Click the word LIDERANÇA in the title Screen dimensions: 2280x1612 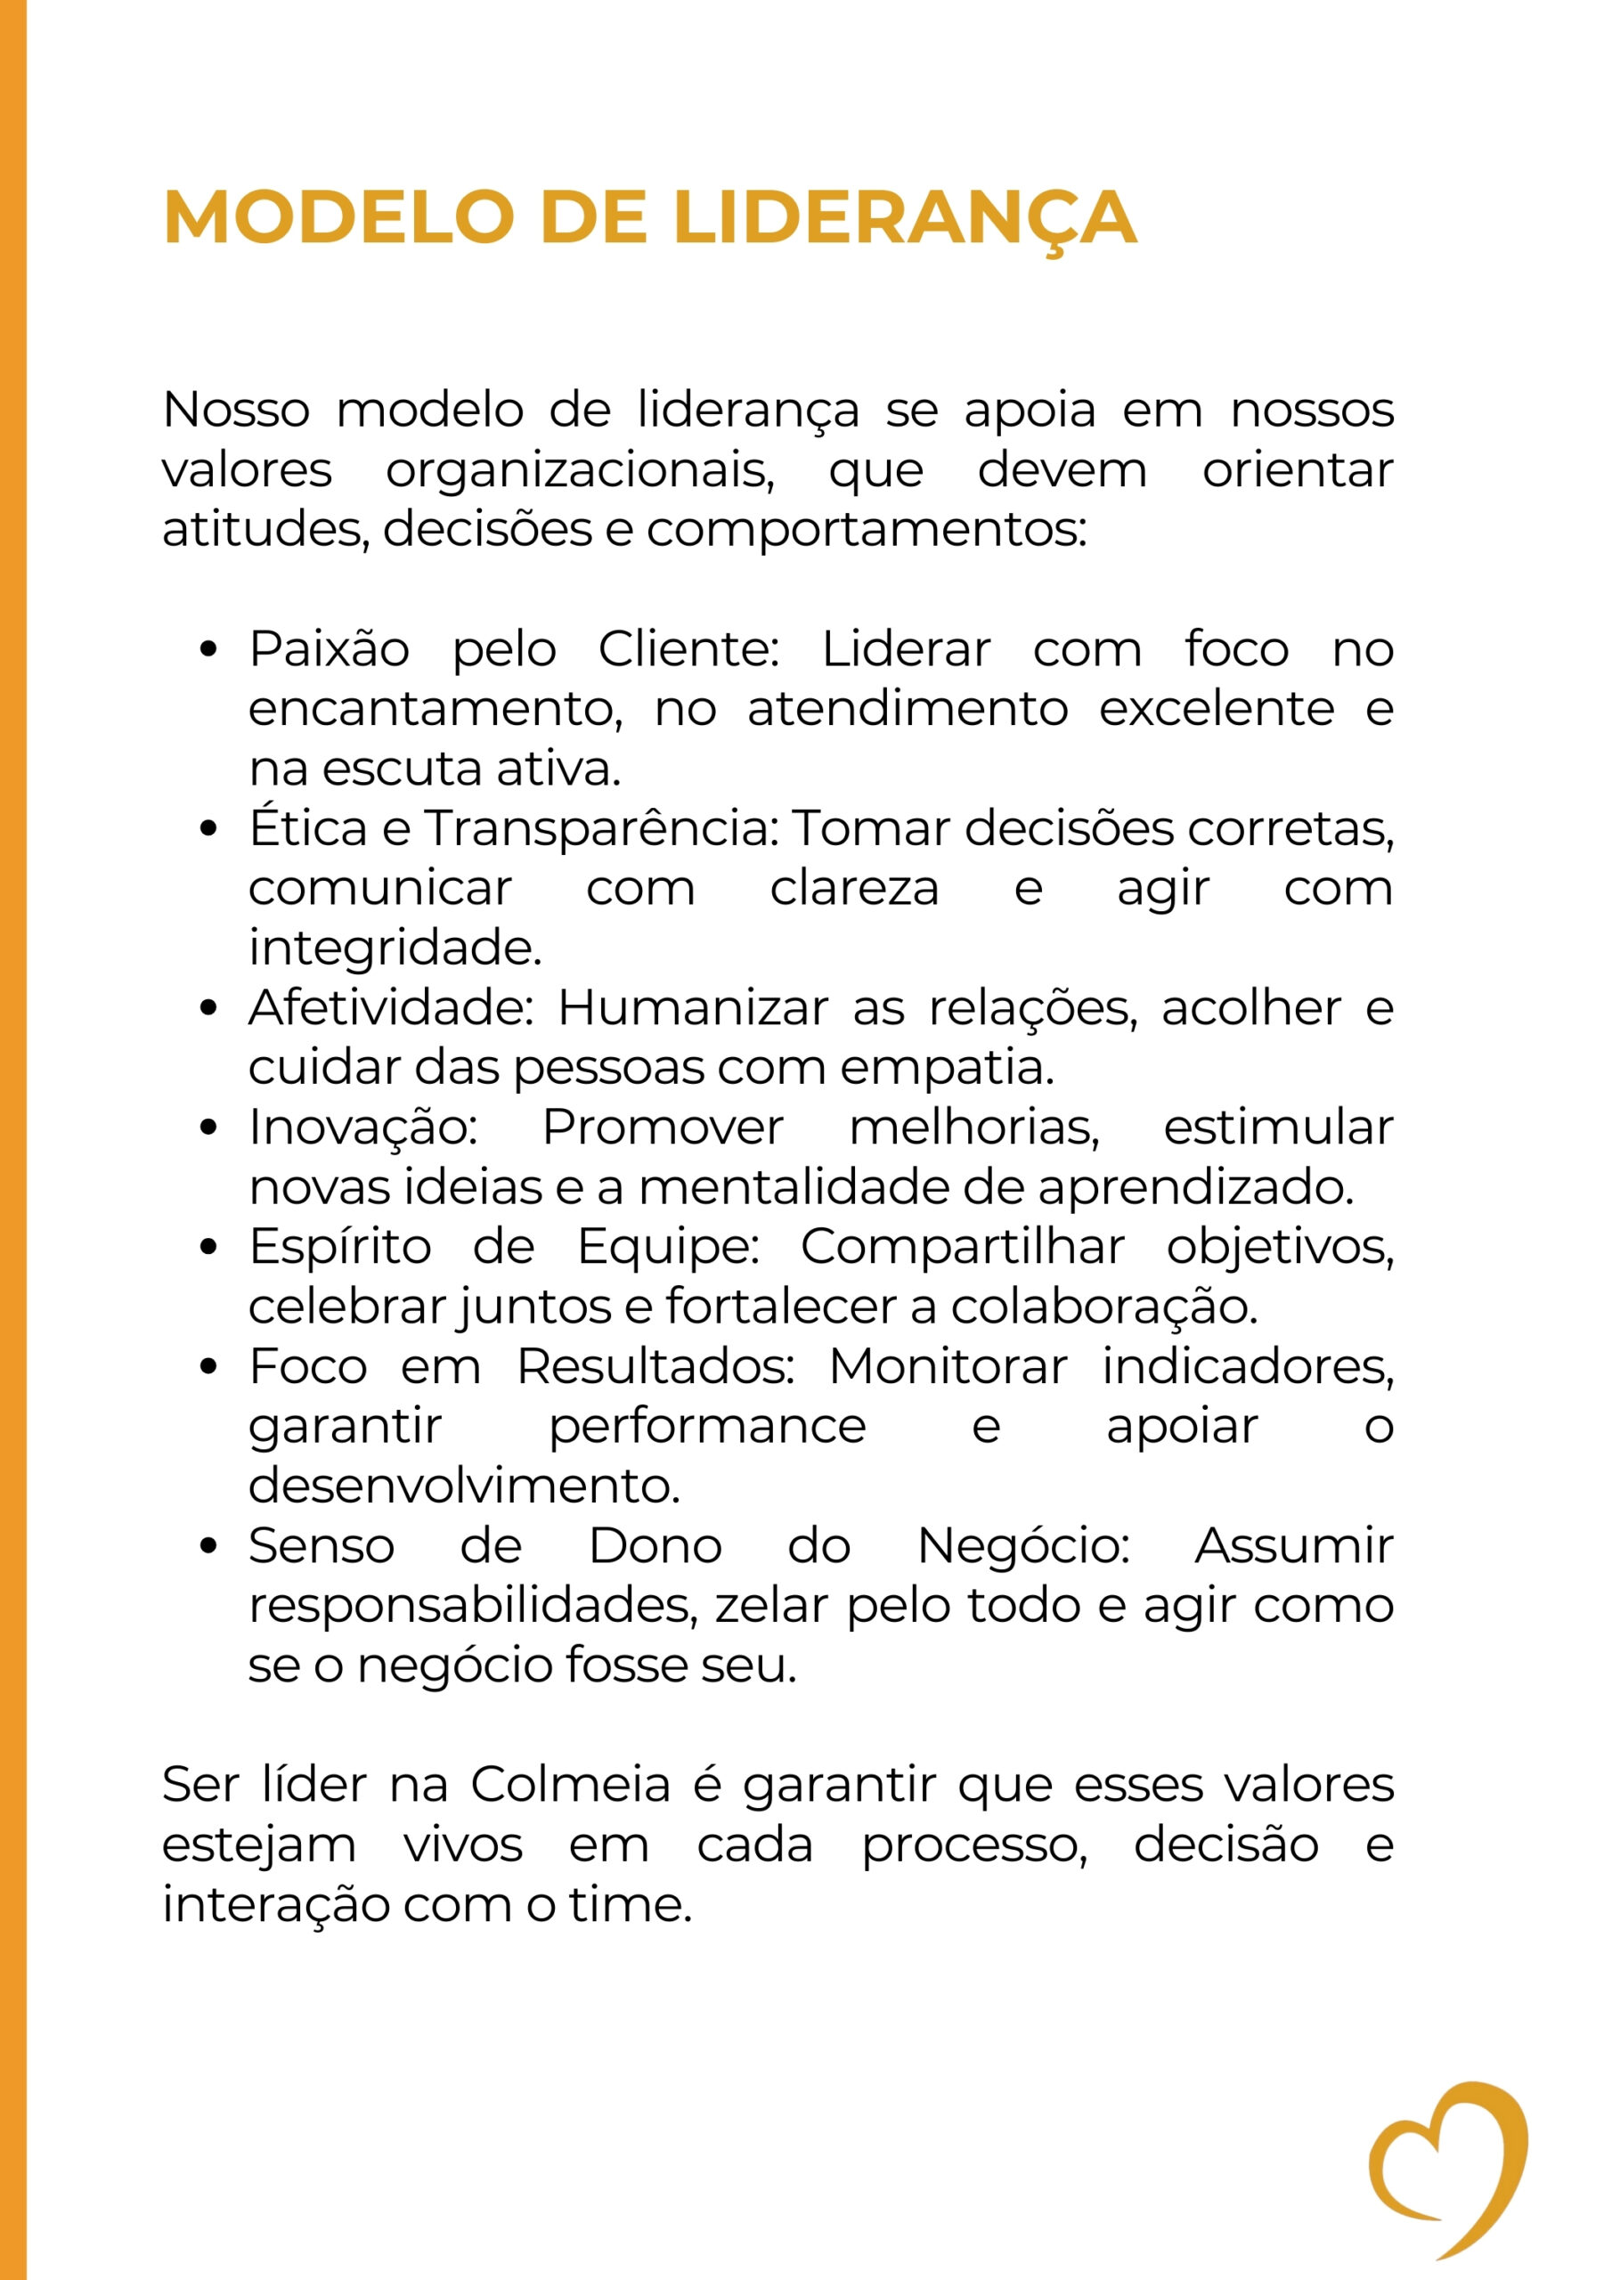(904, 216)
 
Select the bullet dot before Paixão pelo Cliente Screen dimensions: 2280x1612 (208, 649)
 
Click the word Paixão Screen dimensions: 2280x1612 (329, 649)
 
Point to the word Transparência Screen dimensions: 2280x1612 (601, 828)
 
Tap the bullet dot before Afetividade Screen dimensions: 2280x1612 (208, 1008)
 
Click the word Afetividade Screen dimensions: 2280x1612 (391, 1008)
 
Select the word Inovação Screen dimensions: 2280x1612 (362, 1128)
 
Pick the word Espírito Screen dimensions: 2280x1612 (339, 1247)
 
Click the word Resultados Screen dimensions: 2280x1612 (655, 1366)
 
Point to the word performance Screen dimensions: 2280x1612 (707, 1427)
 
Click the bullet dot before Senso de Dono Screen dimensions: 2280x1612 (208, 1546)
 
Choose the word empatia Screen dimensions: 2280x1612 (947, 1068)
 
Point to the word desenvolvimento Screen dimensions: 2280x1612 (464, 1486)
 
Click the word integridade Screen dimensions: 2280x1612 (395, 948)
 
